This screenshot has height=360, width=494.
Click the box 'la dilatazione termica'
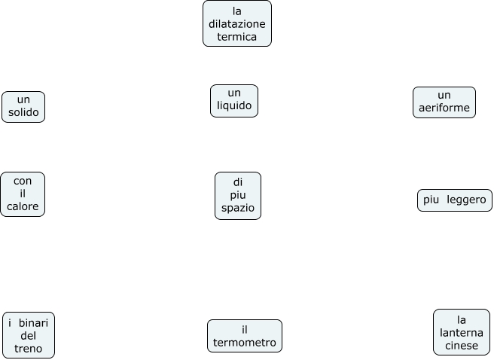pos(237,23)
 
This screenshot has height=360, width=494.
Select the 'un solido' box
pos(23,107)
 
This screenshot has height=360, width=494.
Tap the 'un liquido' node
pos(234,101)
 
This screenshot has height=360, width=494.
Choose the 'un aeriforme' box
pos(444,102)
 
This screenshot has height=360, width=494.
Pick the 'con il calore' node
pos(23,194)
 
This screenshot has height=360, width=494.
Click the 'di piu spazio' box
pos(238,196)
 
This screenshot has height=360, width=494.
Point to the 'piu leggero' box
pos(455,200)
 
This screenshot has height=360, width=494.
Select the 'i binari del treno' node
pos(29,336)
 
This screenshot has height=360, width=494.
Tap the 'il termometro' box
pos(245,336)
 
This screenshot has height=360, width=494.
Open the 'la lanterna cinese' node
pos(462,332)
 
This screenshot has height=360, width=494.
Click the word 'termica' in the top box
pos(237,36)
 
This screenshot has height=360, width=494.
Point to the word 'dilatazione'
pos(237,24)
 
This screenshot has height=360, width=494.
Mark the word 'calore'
pos(23,207)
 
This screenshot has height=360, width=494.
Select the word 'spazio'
pos(238,208)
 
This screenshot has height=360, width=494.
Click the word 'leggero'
pos(466,200)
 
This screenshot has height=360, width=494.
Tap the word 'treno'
pos(29,349)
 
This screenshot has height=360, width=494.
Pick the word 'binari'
pos(34,322)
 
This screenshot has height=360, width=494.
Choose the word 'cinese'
pos(462,346)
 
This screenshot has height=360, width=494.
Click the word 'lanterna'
pos(462,333)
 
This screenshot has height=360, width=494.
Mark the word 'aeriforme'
pos(444,108)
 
